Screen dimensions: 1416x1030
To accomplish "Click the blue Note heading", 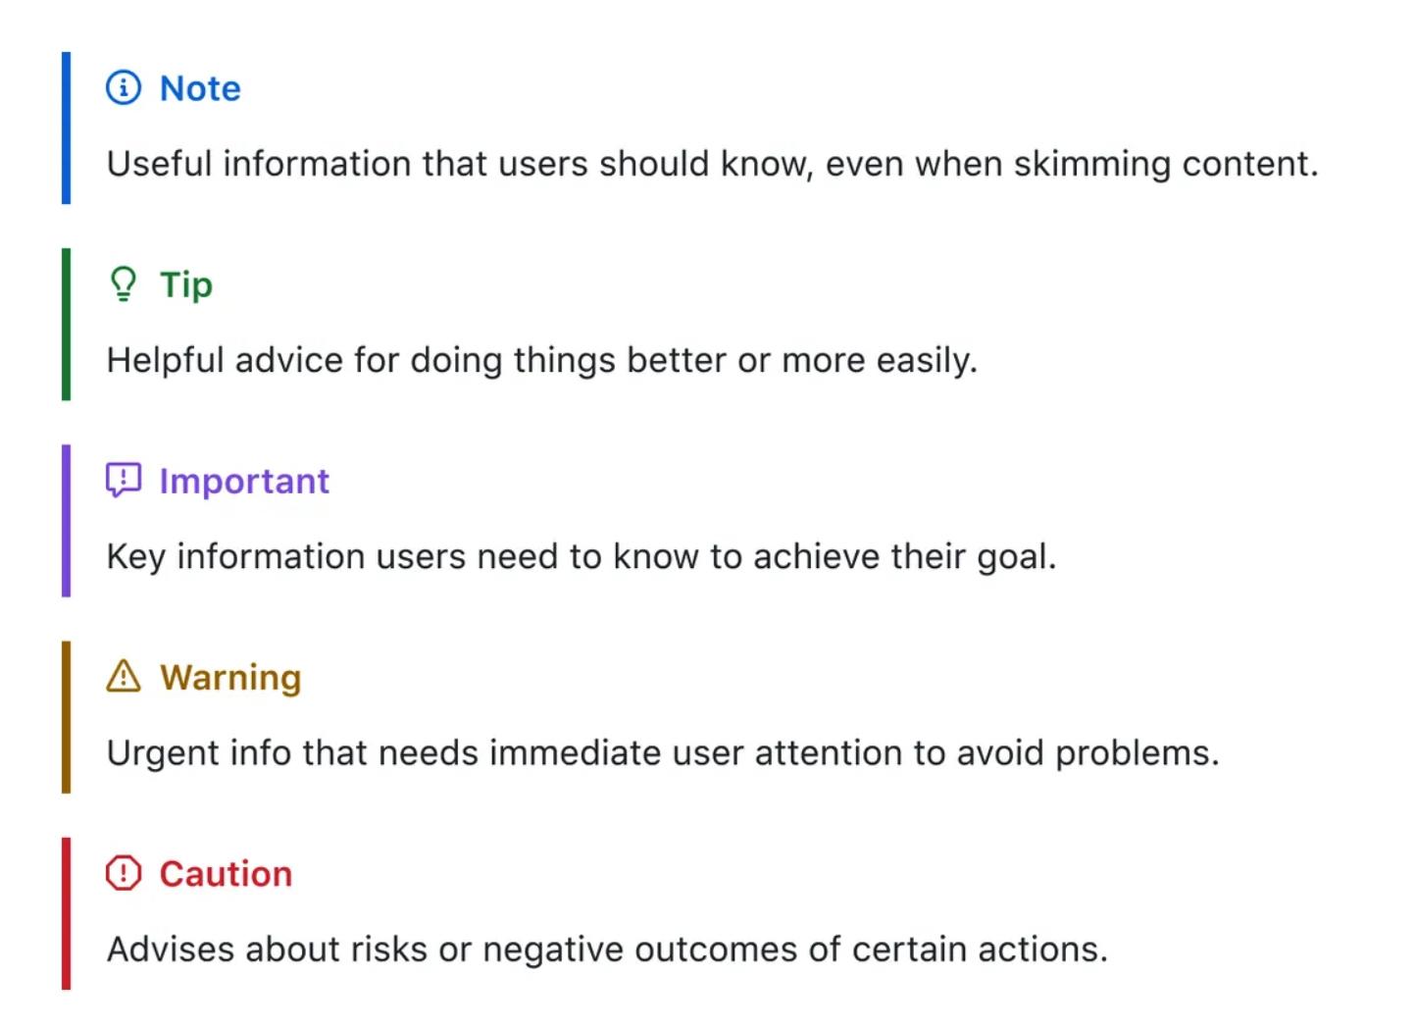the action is tap(200, 88).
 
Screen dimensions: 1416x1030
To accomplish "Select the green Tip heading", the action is tap(186, 285).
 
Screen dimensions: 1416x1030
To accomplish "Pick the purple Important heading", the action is tap(244, 482).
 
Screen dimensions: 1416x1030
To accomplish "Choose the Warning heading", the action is tap(230, 679).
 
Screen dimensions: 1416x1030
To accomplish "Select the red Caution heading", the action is tap(227, 875).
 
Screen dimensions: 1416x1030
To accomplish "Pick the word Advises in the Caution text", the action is tap(171, 951).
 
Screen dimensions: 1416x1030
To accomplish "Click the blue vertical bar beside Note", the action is tap(67, 129).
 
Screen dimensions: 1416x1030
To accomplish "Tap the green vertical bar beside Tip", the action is tap(67, 325).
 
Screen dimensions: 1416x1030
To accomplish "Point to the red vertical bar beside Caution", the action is tap(67, 914).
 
